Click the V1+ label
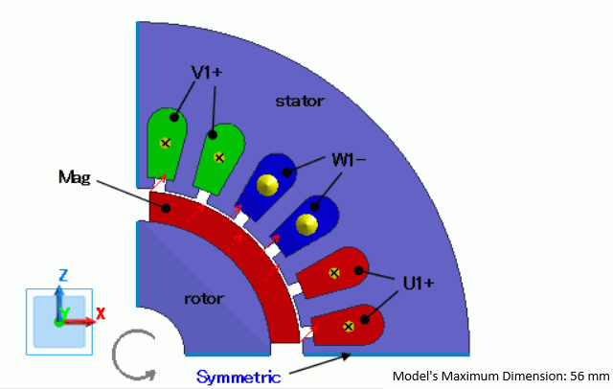pyautogui.click(x=208, y=71)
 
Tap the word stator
pyautogui.click(x=300, y=101)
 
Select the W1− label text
pyautogui.click(x=349, y=158)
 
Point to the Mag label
pyautogui.click(x=74, y=177)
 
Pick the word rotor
pyautogui.click(x=203, y=298)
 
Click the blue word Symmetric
pyautogui.click(x=238, y=377)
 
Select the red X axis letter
pyautogui.click(x=101, y=312)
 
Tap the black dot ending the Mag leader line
pyautogui.click(x=166, y=207)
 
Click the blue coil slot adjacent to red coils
pyautogui.click(x=305, y=224)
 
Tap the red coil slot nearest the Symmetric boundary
pyautogui.click(x=349, y=327)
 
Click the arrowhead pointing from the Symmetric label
pyautogui.click(x=345, y=355)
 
